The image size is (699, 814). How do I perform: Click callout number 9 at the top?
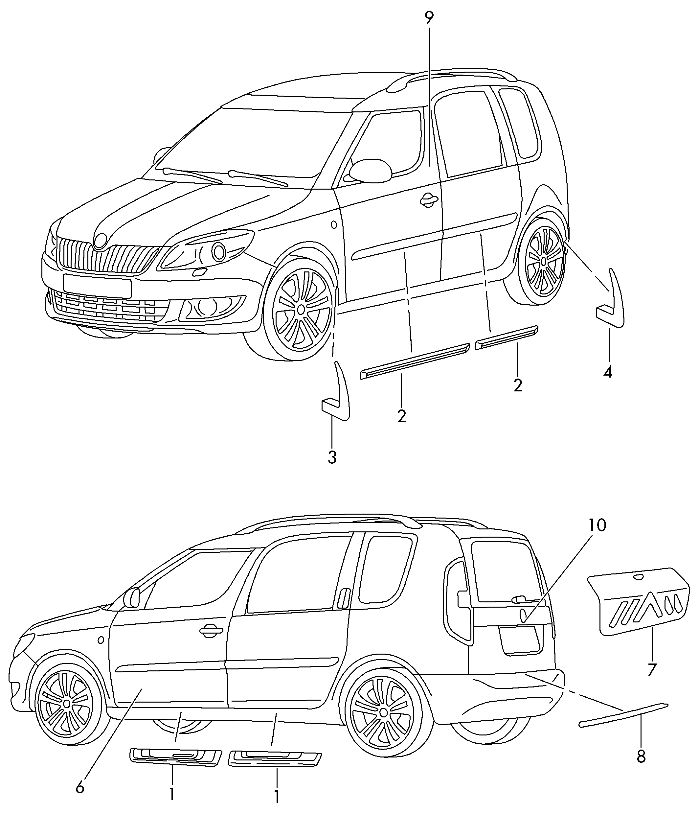pos(429,18)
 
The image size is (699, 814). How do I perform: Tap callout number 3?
pos(332,457)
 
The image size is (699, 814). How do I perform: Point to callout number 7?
pos(652,669)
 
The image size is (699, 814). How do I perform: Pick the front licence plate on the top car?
pos(97,286)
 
